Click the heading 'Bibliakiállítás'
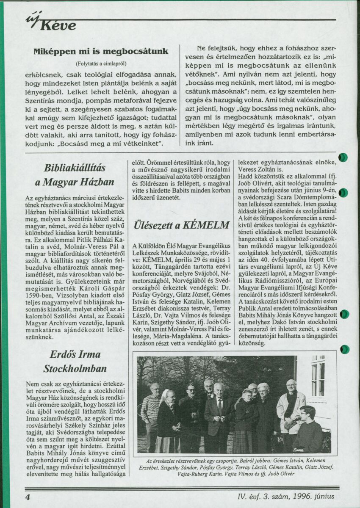click(x=75, y=168)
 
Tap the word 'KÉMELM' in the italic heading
click(x=206, y=225)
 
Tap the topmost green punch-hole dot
click(x=343, y=157)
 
